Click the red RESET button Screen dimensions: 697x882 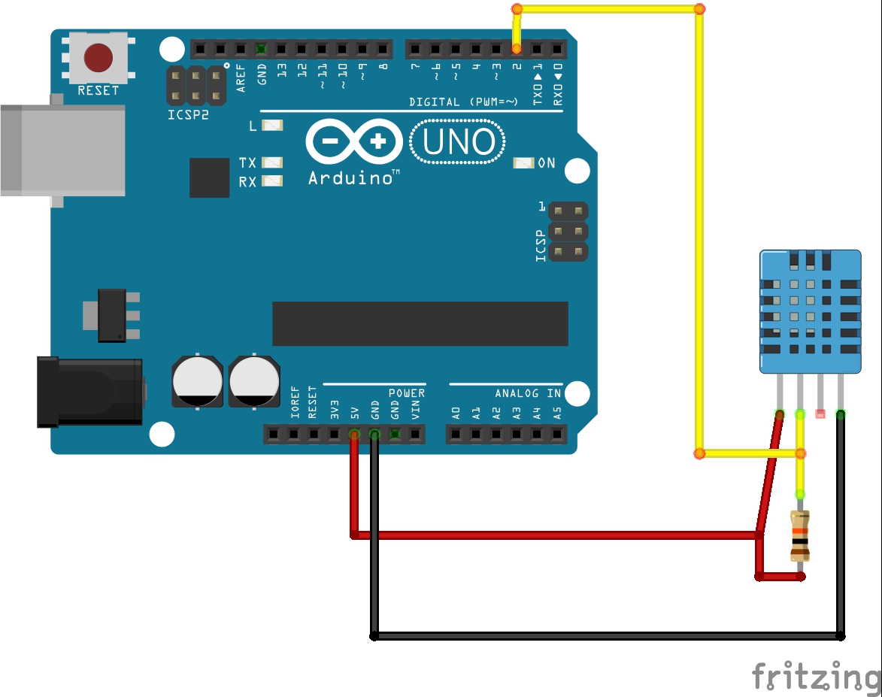pos(99,57)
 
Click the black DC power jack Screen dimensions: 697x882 pos(90,392)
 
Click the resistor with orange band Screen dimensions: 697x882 pos(799,535)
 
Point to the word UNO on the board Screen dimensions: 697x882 pos(458,142)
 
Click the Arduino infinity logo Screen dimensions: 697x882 pos(353,141)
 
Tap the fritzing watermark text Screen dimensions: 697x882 pos(816,676)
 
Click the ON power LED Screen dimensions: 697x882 pos(523,163)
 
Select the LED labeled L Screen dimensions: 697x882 pos(271,126)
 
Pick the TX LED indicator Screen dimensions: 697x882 pos(271,162)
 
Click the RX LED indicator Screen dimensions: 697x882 pos(271,181)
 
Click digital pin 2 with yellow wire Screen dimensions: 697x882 pos(517,50)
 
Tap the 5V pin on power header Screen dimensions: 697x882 pos(354,434)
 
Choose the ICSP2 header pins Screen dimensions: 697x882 pos(195,86)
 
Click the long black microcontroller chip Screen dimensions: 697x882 pos(420,324)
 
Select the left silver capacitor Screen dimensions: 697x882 pos(197,380)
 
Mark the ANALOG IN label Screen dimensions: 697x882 pos(527,393)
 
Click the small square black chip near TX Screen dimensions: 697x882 pos(209,177)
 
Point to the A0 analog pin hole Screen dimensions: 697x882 pos(456,434)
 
